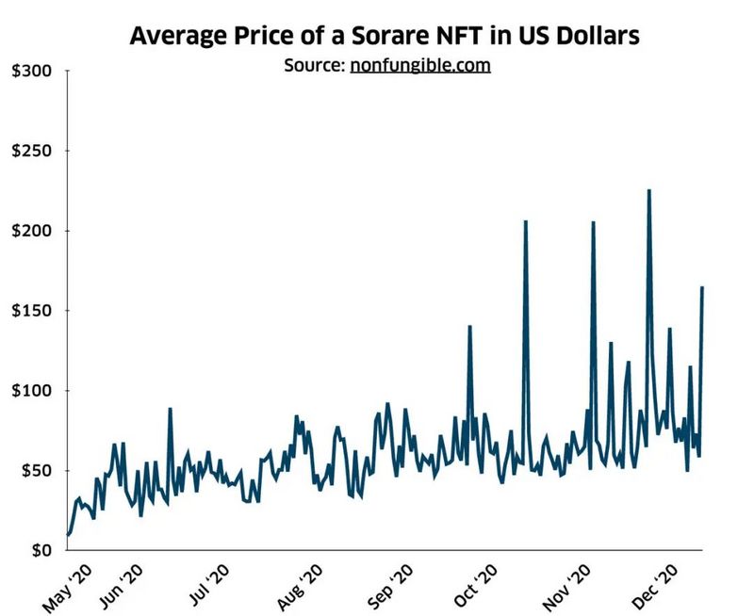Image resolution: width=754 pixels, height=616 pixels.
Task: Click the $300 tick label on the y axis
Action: pos(31,73)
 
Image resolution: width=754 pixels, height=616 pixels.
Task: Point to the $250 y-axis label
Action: pos(31,152)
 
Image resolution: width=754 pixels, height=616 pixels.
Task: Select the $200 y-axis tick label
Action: pos(31,232)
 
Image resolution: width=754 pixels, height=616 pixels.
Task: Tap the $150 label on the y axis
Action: pos(31,311)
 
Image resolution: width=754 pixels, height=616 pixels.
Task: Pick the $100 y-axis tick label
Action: pos(31,391)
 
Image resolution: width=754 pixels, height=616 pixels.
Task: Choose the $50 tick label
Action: pos(35,471)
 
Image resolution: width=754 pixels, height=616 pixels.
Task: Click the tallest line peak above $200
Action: pos(648,191)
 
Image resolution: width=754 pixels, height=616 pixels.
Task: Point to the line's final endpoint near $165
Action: pos(702,287)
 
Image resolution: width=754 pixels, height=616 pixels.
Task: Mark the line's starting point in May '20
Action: pos(68,534)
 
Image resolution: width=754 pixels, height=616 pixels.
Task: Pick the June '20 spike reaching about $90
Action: pos(170,409)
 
